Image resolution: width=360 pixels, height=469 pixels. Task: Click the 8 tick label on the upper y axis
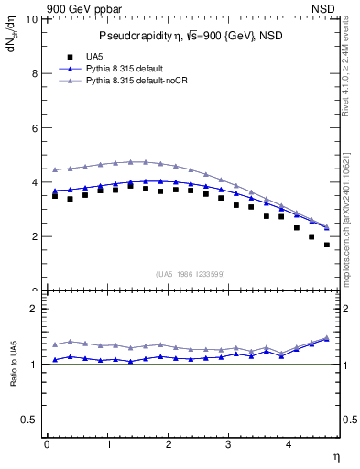pyautogui.click(x=35, y=74)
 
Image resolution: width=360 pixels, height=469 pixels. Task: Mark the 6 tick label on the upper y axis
pyautogui.click(x=35, y=128)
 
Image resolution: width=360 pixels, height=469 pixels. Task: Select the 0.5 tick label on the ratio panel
pyautogui.click(x=30, y=420)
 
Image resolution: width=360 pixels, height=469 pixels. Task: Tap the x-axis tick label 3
pyautogui.click(x=229, y=444)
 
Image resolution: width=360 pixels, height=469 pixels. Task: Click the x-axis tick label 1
pyautogui.click(x=107, y=444)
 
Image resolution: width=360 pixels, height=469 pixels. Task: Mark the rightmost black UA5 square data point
pyautogui.click(x=327, y=245)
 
